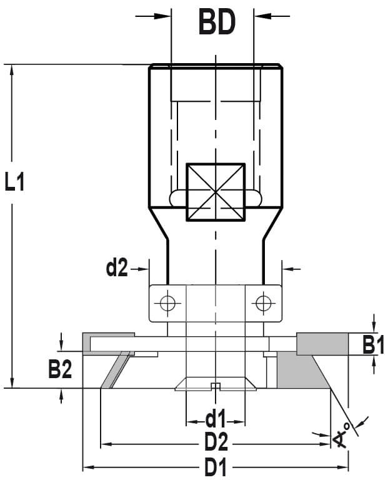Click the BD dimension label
[x=217, y=22]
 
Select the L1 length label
[x=14, y=181]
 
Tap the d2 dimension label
[x=117, y=267]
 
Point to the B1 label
[x=373, y=344]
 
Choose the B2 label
[x=60, y=369]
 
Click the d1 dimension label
[x=216, y=419]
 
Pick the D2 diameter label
[x=216, y=442]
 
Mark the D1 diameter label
[x=216, y=467]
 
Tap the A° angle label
[x=342, y=435]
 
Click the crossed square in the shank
[x=216, y=192]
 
